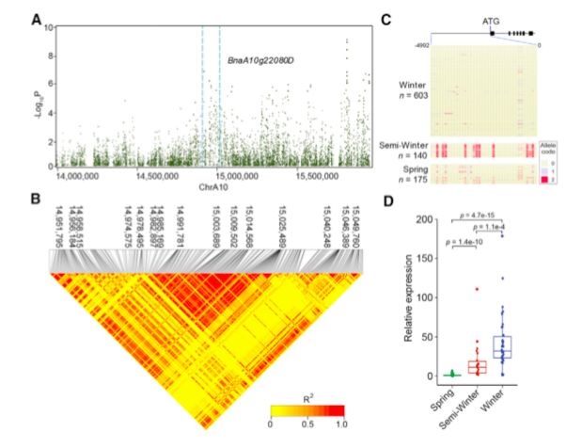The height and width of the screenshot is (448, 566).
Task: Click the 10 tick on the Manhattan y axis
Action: click(50, 30)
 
